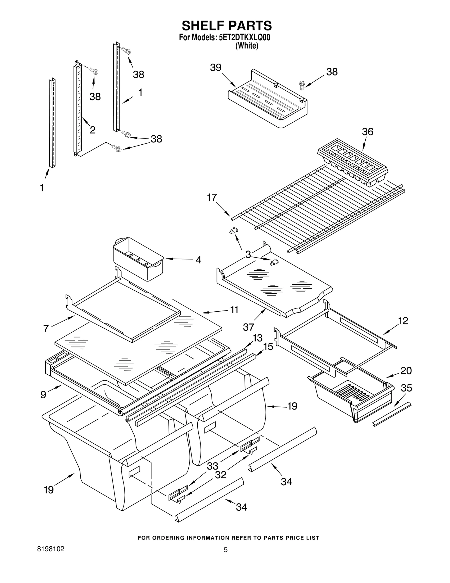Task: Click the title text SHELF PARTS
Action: pos(227,26)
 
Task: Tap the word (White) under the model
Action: pos(247,46)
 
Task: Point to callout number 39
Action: pos(216,68)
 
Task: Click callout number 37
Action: pos(249,327)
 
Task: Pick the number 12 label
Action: pos(403,321)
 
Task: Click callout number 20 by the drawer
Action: pos(406,370)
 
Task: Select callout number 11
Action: pos(234,310)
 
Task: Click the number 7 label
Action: pos(46,328)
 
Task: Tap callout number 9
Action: pos(43,395)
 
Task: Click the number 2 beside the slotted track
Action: pos(93,130)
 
